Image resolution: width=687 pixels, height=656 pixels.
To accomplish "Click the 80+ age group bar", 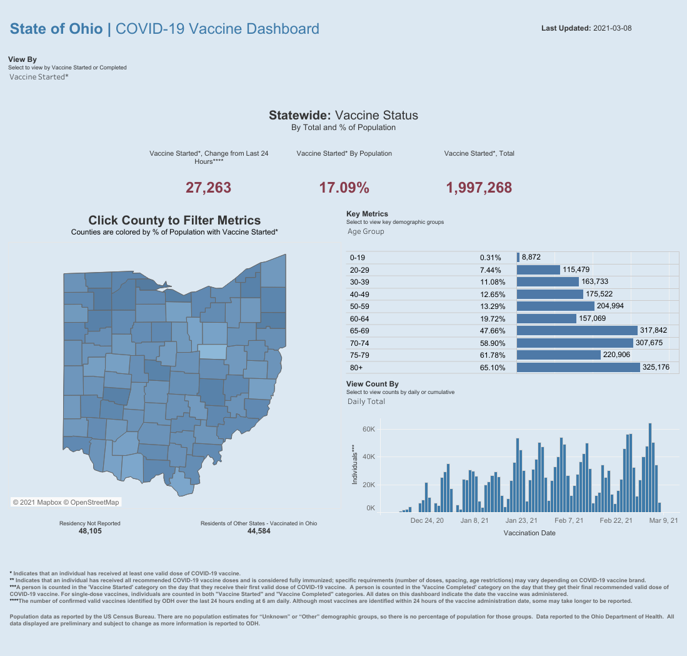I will coord(578,367).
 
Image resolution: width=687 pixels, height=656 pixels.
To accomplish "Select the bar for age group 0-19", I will coord(518,257).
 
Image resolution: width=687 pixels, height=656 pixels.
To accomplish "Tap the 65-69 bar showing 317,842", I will coord(576,330).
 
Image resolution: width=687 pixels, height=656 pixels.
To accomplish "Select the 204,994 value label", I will coord(610,306).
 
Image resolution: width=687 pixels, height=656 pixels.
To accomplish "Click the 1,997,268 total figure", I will coord(479,187).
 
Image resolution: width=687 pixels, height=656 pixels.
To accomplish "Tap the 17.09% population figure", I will coord(344,187).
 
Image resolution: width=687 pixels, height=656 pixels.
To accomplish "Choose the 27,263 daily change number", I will coord(208,187).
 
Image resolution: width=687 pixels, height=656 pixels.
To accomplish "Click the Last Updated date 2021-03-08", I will coord(611,28).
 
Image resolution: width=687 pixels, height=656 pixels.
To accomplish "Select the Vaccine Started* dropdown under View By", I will coord(39,77).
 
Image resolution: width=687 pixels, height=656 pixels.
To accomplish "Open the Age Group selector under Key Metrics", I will coord(366,231).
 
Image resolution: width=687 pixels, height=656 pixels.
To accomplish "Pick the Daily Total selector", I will coord(366,401).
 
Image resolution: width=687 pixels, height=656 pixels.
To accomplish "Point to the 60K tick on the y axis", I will coord(368,430).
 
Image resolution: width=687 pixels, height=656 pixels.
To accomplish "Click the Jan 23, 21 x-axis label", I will coord(521,520).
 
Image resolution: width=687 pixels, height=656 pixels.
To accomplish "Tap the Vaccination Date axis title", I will coord(529,533).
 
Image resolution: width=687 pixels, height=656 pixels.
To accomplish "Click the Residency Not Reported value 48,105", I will coord(90,531).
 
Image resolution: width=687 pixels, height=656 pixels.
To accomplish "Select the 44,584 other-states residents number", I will coord(259,531).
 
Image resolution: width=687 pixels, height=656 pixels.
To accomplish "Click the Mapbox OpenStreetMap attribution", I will coord(66,502).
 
